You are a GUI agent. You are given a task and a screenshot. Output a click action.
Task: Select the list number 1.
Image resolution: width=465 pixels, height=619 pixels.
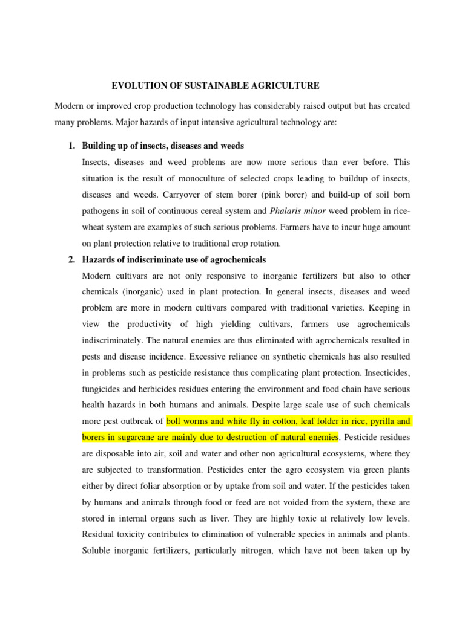pos(71,146)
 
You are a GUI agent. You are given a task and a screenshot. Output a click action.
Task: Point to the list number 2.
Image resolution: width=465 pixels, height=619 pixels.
pos(71,260)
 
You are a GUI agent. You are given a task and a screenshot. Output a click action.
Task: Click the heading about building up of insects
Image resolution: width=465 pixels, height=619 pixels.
pos(163,146)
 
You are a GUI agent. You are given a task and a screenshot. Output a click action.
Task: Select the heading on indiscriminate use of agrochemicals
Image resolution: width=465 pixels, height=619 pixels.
pos(174,260)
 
